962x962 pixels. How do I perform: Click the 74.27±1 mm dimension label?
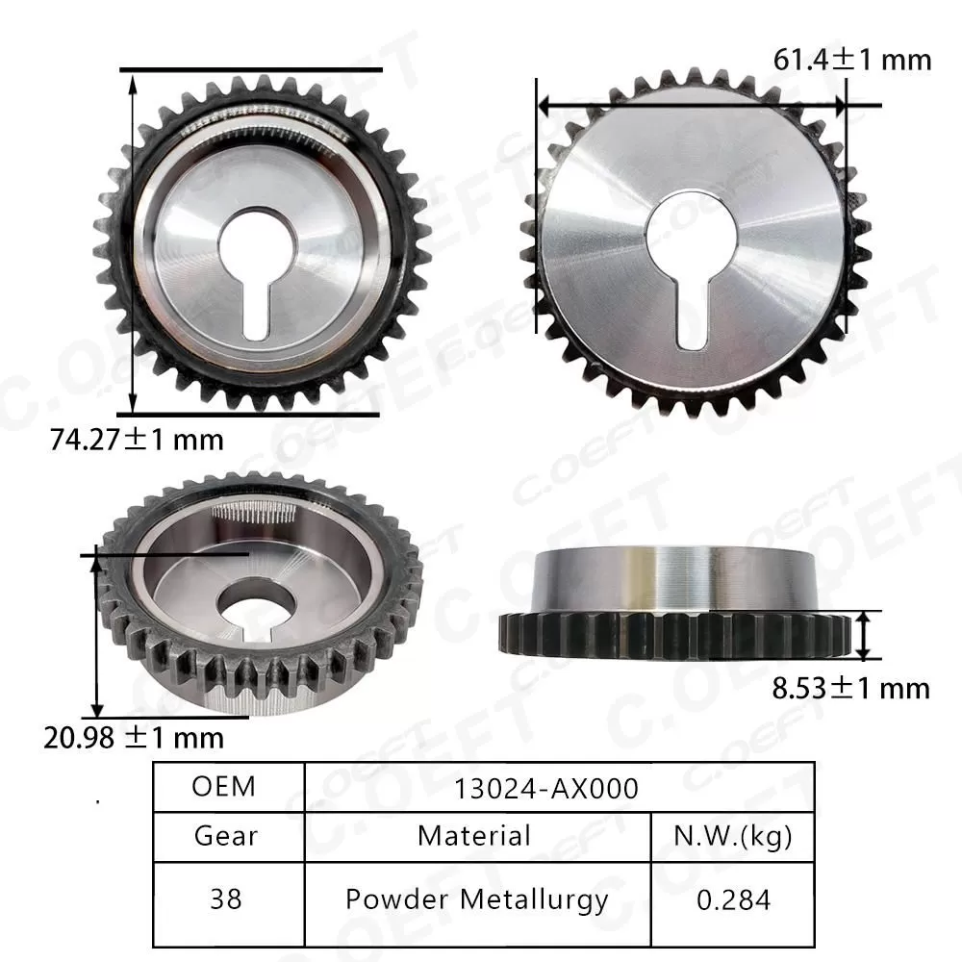point(137,440)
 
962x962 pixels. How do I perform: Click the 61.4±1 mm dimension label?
point(852,60)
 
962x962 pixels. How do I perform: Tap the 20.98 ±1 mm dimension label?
point(134,738)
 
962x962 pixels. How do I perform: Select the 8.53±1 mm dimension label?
point(853,688)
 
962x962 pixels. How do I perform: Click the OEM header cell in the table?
point(224,786)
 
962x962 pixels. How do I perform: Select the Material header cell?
point(473,835)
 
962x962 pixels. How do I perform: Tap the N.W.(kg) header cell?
point(734,835)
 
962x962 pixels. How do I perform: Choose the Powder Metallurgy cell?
point(476,899)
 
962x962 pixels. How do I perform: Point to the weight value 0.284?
point(734,899)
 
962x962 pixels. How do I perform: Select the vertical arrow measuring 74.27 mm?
point(132,240)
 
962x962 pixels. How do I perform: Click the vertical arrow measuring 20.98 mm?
point(96,635)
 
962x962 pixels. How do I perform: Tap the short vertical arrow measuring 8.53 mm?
point(867,635)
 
